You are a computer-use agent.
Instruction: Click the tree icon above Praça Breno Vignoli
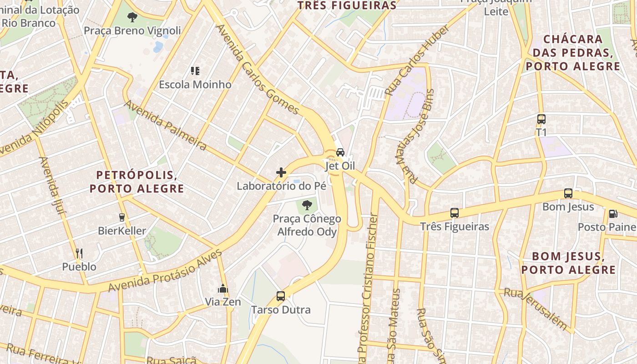tap(132, 18)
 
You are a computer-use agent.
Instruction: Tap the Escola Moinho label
tap(195, 85)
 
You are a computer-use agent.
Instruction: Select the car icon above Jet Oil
tap(340, 152)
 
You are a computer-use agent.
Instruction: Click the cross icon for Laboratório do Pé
tap(281, 172)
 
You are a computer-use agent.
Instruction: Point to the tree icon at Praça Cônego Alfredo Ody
tap(307, 205)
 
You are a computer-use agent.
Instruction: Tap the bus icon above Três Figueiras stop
tap(454, 212)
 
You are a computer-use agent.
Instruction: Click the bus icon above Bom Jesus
tap(568, 193)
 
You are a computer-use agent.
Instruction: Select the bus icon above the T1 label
tap(541, 119)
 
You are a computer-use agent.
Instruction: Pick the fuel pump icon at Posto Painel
tap(613, 213)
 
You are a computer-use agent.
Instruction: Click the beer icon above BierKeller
tap(122, 217)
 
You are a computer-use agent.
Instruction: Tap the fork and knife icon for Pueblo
tap(79, 253)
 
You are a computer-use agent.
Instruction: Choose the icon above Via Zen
tap(223, 288)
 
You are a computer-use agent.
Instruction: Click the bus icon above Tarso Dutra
tap(281, 296)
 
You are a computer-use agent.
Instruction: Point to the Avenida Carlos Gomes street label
tap(258, 69)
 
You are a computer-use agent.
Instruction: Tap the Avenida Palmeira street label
tap(166, 125)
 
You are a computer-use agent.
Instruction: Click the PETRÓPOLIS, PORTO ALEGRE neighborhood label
tap(136, 182)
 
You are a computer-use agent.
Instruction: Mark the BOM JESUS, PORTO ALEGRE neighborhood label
tap(568, 263)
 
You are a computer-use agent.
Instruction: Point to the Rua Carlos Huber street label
tap(417, 60)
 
